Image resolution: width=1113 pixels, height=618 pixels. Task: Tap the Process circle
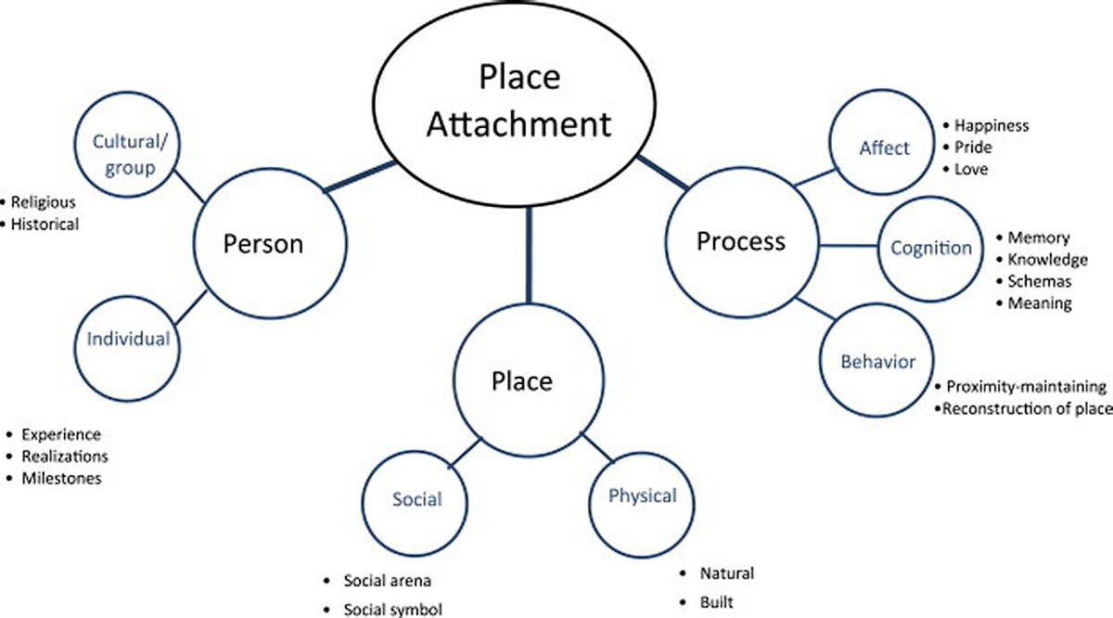740,242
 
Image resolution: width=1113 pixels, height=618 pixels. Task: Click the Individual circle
128,339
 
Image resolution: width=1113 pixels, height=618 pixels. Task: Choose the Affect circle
883,148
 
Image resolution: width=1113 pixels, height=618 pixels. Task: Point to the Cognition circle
930,248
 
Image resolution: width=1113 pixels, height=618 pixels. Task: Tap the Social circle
416,499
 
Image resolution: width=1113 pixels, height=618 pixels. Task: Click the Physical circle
642,496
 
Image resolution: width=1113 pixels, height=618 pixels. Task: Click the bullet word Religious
44,201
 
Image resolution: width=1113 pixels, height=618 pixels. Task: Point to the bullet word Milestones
61,479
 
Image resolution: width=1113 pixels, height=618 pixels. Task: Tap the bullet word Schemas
1040,281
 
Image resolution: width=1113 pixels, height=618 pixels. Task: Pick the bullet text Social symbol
392,610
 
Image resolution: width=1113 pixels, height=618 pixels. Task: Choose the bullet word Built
717,602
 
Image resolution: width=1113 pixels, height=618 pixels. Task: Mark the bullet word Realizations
64,457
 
